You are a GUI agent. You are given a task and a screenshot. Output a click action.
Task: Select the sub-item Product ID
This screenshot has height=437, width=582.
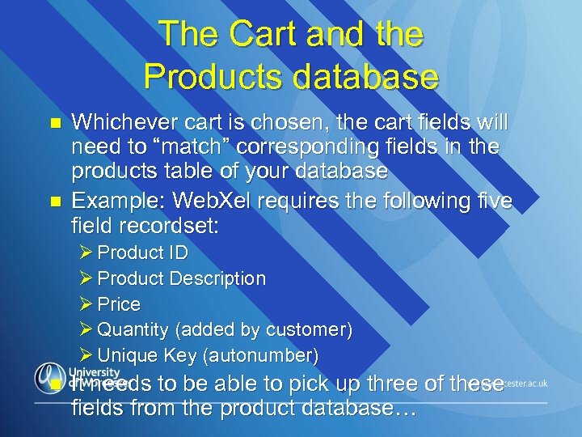pyautogui.click(x=143, y=252)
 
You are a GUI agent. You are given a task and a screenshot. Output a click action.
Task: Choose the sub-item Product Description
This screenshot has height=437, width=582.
pyautogui.click(x=182, y=278)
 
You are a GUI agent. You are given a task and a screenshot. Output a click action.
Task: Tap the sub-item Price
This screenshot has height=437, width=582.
pyautogui.click(x=119, y=304)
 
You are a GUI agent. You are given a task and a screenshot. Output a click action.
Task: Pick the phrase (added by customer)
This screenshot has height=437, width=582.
pyautogui.click(x=264, y=330)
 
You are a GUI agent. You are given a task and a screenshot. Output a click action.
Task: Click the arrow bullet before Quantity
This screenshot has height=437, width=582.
pyautogui.click(x=87, y=330)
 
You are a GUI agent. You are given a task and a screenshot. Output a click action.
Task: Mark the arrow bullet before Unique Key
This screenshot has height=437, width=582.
pyautogui.click(x=87, y=355)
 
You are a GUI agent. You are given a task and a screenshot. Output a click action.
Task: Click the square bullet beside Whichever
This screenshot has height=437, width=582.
pyautogui.click(x=55, y=123)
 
